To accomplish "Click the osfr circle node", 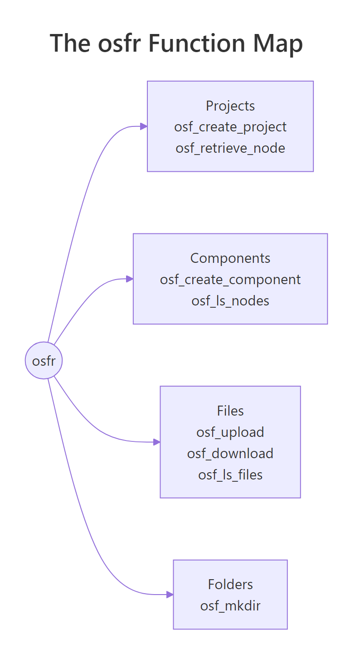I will pyautogui.click(x=44, y=361).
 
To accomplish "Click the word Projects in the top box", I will pyautogui.click(x=230, y=106).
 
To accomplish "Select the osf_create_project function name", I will pyautogui.click(x=230, y=126).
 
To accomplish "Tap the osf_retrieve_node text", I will pyautogui.click(x=230, y=148).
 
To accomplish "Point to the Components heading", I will pyautogui.click(x=230, y=258).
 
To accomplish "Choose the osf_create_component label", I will pyautogui.click(x=230, y=279).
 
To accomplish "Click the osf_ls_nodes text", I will pyautogui.click(x=230, y=300).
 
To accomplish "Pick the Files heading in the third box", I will pyautogui.click(x=230, y=411).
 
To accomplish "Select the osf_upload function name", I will pyautogui.click(x=230, y=432).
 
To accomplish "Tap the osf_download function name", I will pyautogui.click(x=230, y=453).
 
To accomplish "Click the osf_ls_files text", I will pyautogui.click(x=230, y=474).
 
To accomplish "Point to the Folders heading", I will pyautogui.click(x=230, y=584).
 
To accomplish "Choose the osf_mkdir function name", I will pyautogui.click(x=230, y=605).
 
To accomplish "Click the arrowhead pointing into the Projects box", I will pyautogui.click(x=144, y=126).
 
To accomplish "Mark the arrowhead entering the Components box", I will pyautogui.click(x=130, y=279).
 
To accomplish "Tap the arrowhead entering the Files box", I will pyautogui.click(x=157, y=442).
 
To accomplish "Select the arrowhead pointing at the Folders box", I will pyautogui.click(x=170, y=595).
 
